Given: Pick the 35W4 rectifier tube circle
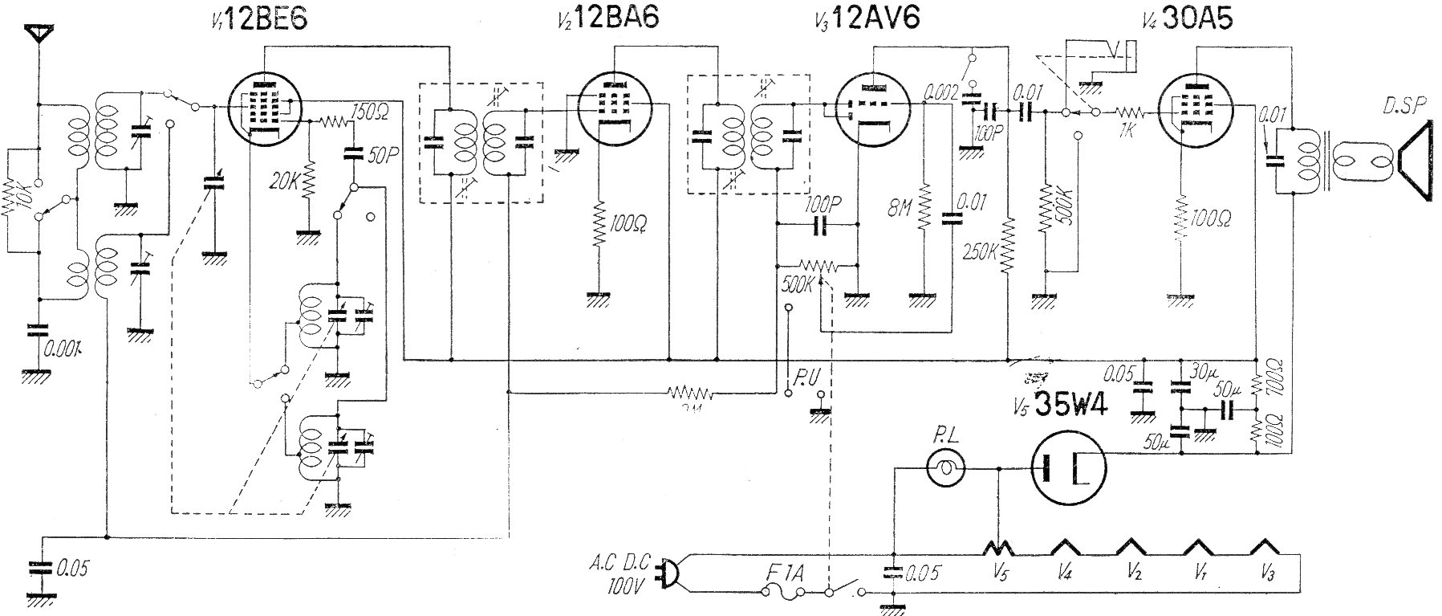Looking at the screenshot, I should click(1067, 468).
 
